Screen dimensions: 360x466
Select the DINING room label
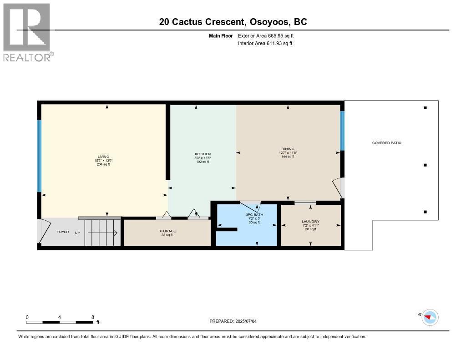(288, 149)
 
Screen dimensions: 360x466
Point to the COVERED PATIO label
(386, 143)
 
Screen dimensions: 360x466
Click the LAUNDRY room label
(310, 222)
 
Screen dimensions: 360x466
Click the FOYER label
(62, 232)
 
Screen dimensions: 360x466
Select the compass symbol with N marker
(430, 317)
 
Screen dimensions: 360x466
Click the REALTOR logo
(27, 32)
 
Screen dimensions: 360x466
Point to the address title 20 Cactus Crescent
(233, 21)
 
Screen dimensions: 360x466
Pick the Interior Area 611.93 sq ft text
(265, 43)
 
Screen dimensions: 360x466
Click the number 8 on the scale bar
(93, 317)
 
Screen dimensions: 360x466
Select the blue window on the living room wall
(39, 156)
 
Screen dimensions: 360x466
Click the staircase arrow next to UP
(103, 233)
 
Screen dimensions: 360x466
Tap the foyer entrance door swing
(44, 232)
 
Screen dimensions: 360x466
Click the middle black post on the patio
(425, 165)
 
